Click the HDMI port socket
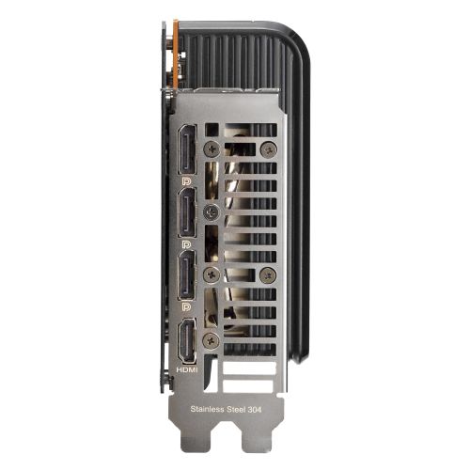click(x=186, y=343)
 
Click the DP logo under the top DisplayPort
click(x=187, y=178)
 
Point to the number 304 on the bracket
click(x=269, y=407)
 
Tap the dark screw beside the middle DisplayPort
click(x=212, y=212)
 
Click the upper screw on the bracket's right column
click(x=268, y=148)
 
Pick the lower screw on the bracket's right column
click(x=268, y=274)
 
